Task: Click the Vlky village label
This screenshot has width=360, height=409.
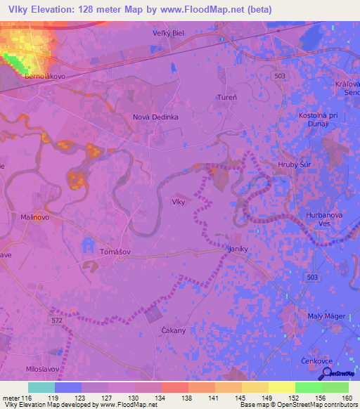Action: [x=179, y=202]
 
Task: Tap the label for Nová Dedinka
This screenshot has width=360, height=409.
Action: [x=155, y=117]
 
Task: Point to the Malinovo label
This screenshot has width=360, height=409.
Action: [x=35, y=218]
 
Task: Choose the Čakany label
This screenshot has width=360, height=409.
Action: [x=173, y=330]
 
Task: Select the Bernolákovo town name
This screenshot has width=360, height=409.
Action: [x=44, y=74]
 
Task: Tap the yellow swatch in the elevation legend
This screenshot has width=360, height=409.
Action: [x=281, y=387]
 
